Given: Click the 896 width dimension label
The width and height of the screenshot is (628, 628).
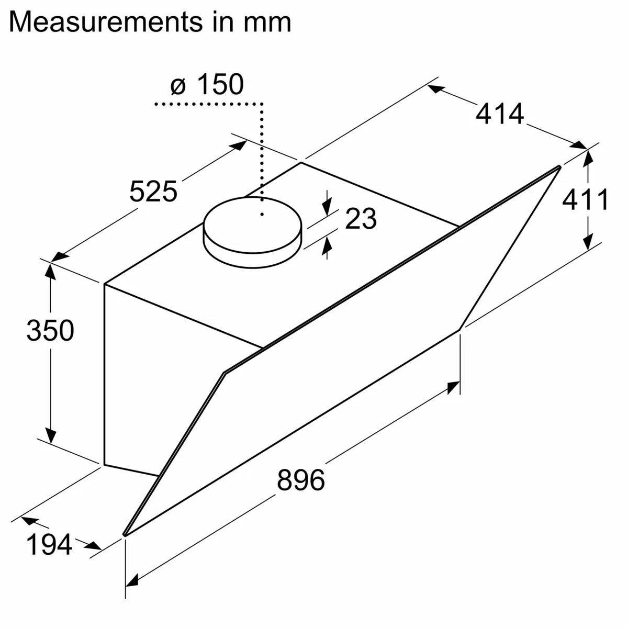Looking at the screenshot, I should [301, 480].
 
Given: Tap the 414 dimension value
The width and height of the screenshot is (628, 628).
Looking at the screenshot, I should [499, 114].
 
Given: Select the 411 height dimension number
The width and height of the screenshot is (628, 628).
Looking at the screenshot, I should [585, 200].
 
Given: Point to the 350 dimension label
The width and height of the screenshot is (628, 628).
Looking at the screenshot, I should [50, 331].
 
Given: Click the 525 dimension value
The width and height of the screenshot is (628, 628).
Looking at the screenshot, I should [153, 191].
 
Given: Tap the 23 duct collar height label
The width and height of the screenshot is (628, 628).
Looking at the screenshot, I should [361, 219].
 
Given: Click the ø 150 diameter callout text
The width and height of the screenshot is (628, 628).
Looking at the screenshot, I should [207, 85].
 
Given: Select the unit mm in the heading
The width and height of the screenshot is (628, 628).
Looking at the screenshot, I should [267, 22].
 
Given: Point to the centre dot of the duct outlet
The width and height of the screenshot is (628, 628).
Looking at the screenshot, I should [262, 214].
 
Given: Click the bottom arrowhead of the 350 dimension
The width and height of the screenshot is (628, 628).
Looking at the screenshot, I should [51, 435].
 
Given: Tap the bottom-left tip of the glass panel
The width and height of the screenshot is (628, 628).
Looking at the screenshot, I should [125, 534].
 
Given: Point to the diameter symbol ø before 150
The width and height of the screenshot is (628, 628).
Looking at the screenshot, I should [178, 86].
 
